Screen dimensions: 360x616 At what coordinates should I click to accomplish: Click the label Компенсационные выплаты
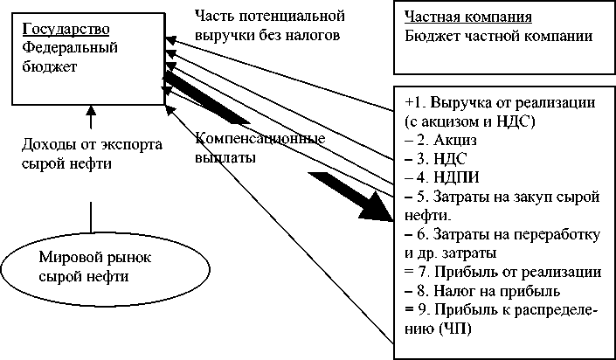click(260, 149)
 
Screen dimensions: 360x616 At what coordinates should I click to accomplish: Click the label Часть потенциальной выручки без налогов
click(271, 26)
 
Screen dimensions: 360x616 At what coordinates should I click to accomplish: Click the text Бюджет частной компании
click(499, 37)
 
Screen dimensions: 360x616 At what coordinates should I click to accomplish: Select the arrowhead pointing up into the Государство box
click(89, 110)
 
